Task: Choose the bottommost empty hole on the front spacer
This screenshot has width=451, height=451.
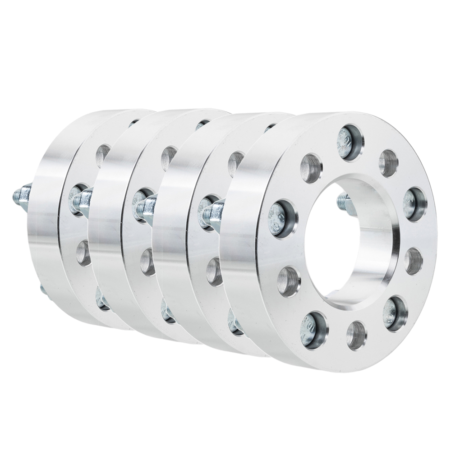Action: pyautogui.click(x=356, y=335)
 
